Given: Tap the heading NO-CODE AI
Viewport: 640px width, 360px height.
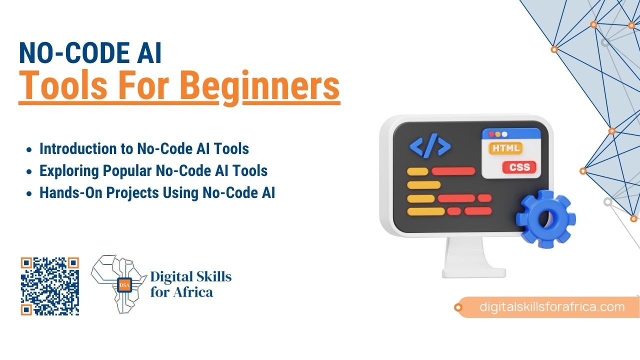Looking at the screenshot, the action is point(90,53).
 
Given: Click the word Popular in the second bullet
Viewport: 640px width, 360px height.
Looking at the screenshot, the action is point(127,171).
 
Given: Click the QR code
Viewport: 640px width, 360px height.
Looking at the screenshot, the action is point(49,286).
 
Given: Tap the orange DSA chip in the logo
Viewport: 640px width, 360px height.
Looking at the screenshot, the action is point(124,285).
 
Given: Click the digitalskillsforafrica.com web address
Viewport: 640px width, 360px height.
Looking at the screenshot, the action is point(552,307).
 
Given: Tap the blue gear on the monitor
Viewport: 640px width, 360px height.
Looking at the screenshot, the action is point(545,219).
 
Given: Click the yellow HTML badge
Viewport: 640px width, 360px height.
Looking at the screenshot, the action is point(505,148).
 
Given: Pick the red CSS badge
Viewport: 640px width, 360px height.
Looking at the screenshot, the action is point(519,167).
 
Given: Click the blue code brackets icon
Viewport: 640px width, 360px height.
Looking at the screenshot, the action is point(430,145).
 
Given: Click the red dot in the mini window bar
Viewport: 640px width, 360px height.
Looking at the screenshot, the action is point(491,134).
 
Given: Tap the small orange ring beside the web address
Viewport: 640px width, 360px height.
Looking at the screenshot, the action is point(458,307).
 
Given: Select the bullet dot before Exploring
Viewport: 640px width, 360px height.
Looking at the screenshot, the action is point(29,171).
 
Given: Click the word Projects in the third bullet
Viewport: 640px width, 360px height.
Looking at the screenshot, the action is point(132,193).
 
